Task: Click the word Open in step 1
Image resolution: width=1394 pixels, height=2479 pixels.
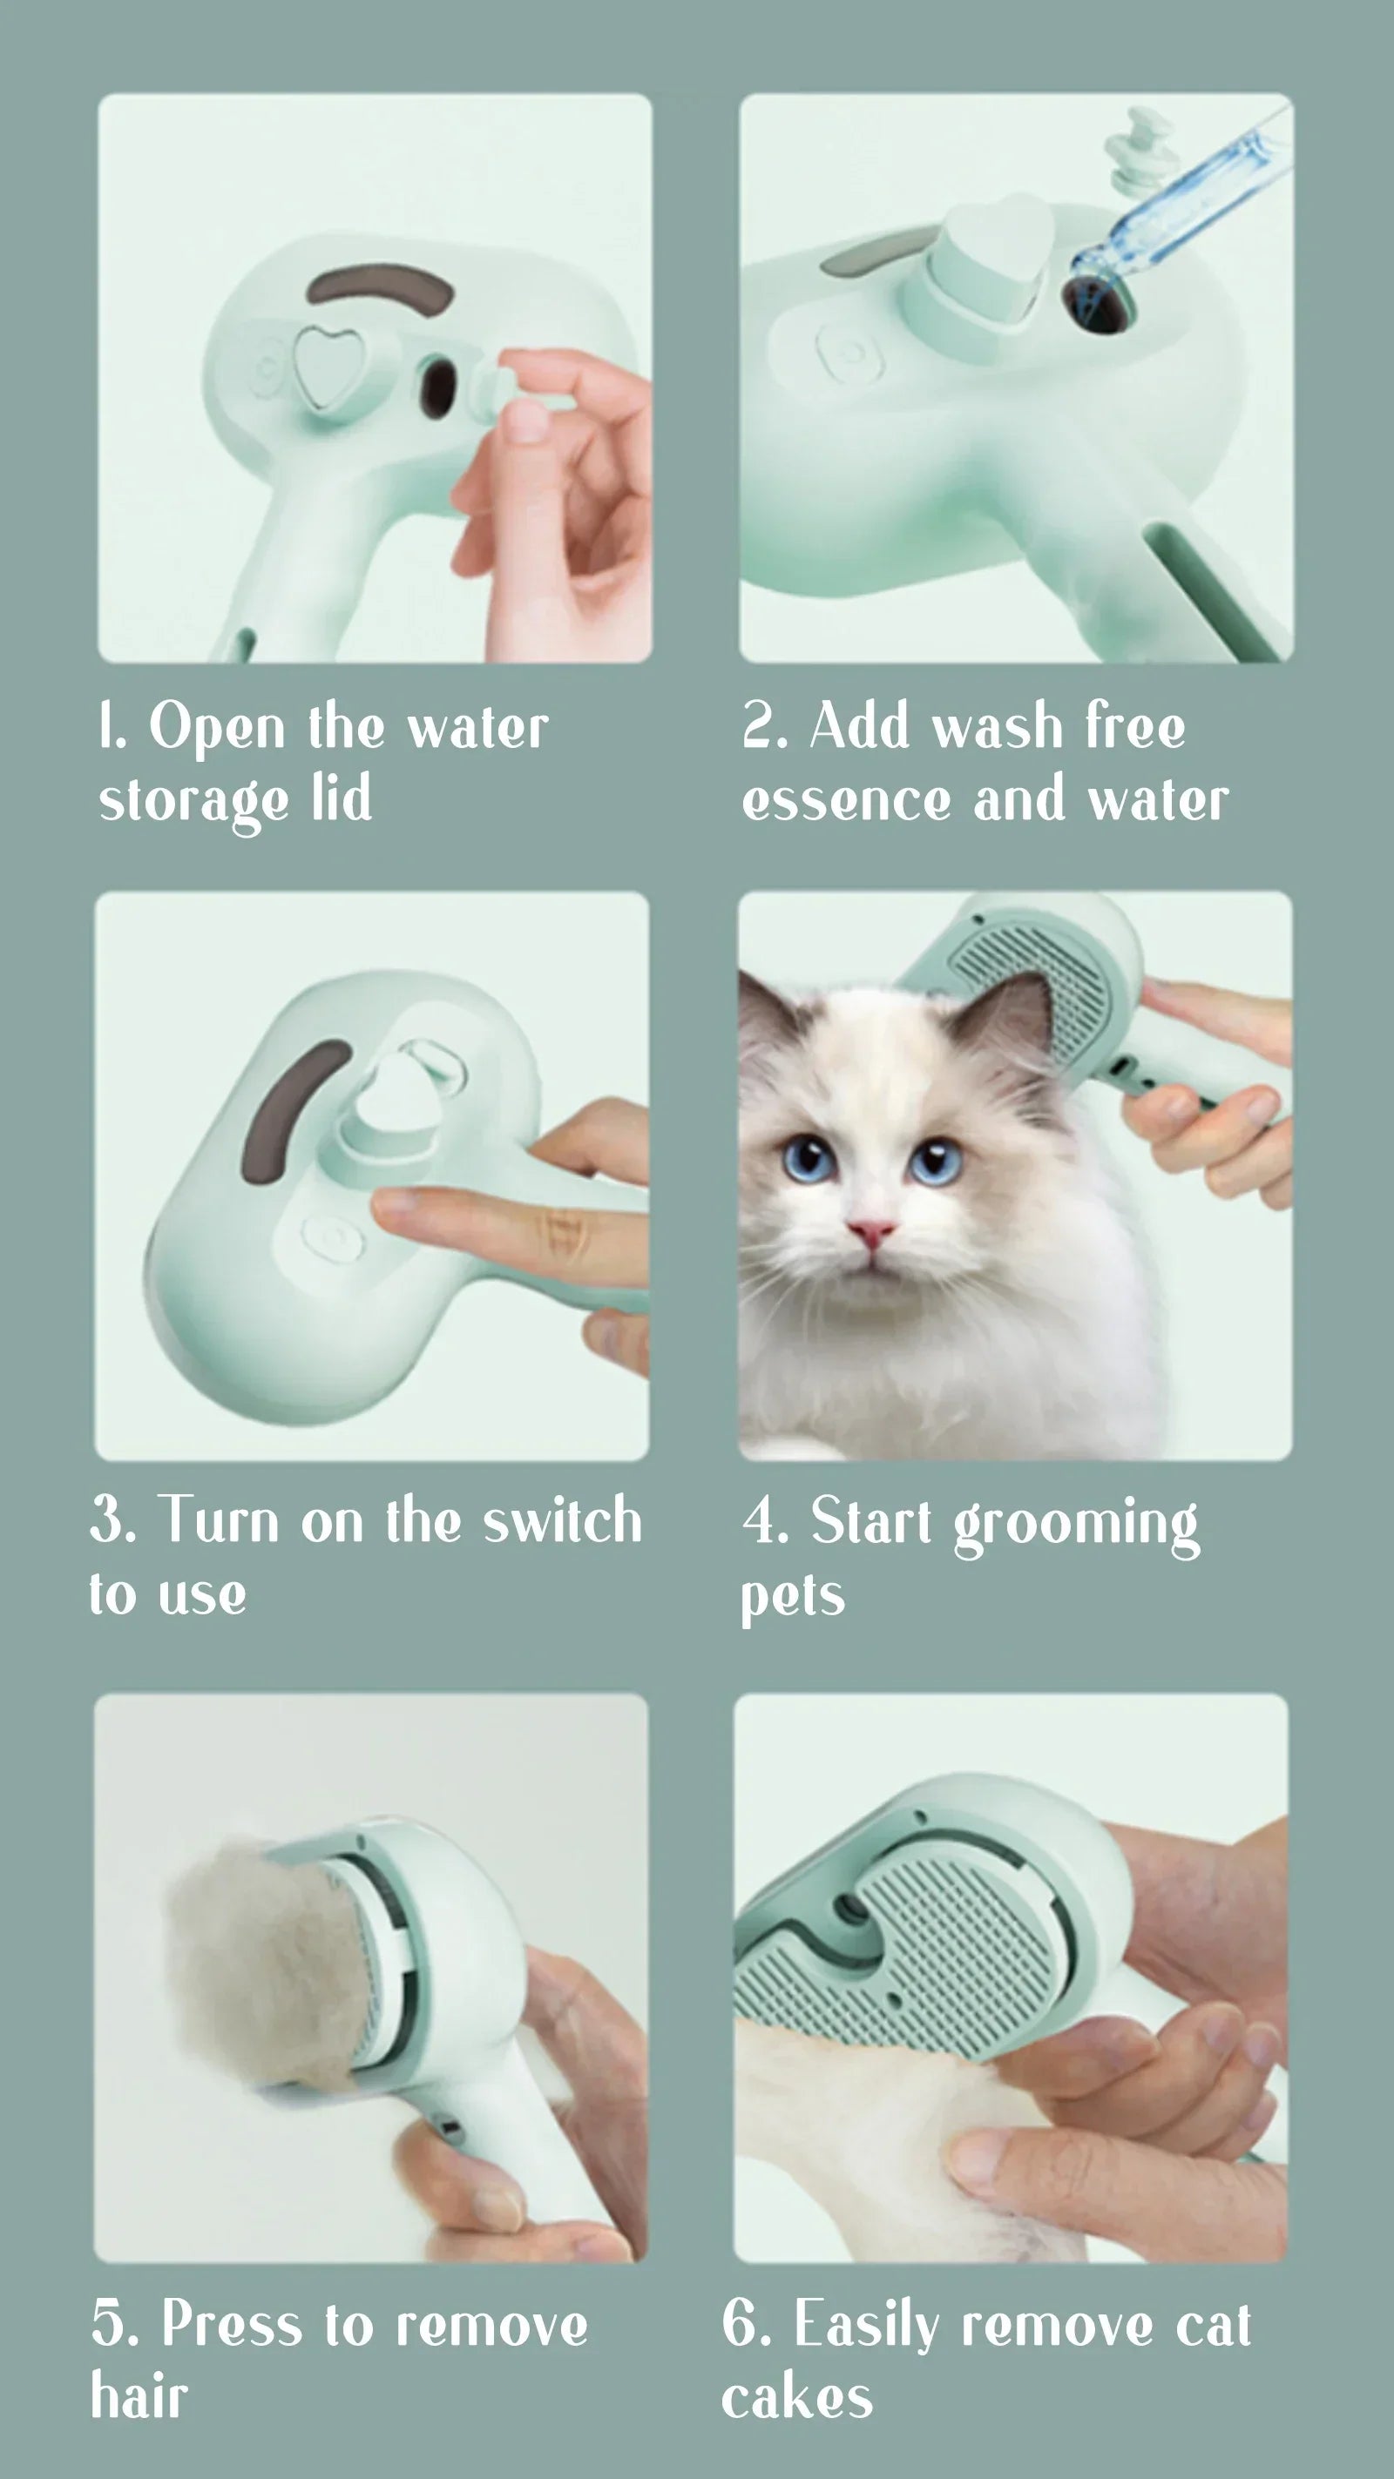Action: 217,730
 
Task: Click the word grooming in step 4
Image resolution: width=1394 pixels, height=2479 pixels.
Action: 1076,1526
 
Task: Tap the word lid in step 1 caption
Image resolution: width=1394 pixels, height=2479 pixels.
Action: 342,798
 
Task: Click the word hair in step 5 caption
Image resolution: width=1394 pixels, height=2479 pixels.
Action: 139,2397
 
